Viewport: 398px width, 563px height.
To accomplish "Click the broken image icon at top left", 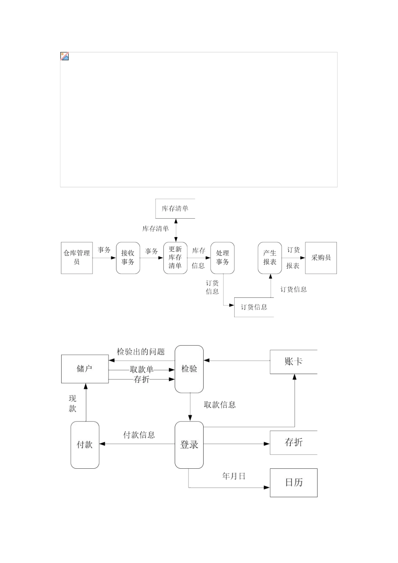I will (65, 56).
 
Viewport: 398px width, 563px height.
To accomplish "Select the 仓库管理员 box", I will (77, 258).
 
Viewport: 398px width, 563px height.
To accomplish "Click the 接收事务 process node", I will (128, 258).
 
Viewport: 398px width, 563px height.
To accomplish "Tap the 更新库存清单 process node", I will (175, 258).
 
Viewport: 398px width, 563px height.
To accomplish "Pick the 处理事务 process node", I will (222, 258).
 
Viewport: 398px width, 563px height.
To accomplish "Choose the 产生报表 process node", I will (270, 258).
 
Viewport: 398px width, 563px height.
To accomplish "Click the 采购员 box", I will (321, 258).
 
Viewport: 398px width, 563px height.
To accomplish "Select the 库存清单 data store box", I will (175, 209).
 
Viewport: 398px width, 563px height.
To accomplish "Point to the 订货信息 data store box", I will (254, 307).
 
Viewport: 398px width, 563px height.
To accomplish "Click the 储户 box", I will (85, 369).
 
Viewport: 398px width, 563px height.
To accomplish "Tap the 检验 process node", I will (189, 369).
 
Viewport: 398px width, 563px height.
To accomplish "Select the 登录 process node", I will (189, 444).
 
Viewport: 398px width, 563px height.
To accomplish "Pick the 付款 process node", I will (85, 444).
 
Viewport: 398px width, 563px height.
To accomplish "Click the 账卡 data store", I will (293, 362).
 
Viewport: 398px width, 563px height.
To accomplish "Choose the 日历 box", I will (293, 483).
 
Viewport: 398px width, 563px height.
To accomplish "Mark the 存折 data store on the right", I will (293, 442).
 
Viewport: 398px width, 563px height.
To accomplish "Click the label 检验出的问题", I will (141, 352).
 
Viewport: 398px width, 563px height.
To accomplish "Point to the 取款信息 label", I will (220, 405).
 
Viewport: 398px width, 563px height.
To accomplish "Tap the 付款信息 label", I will (139, 435).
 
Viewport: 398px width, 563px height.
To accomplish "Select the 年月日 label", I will (233, 476).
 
